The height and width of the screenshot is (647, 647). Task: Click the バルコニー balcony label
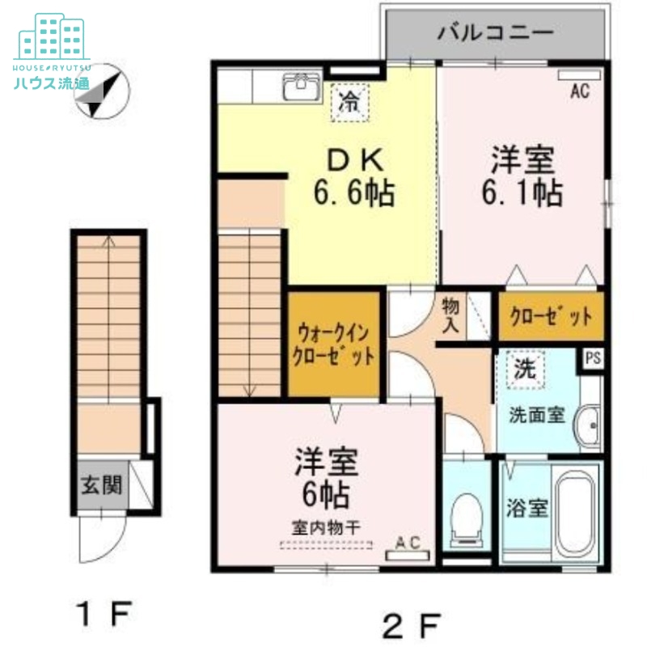point(496,33)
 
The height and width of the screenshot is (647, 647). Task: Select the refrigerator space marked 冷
point(349,103)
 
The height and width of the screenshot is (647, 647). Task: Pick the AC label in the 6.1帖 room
point(579,91)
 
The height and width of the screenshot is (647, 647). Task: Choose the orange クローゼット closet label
point(551,318)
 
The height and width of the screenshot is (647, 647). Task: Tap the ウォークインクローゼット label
point(335,344)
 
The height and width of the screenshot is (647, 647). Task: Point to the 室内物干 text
point(326,526)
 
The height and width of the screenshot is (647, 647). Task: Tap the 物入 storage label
point(450,315)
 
